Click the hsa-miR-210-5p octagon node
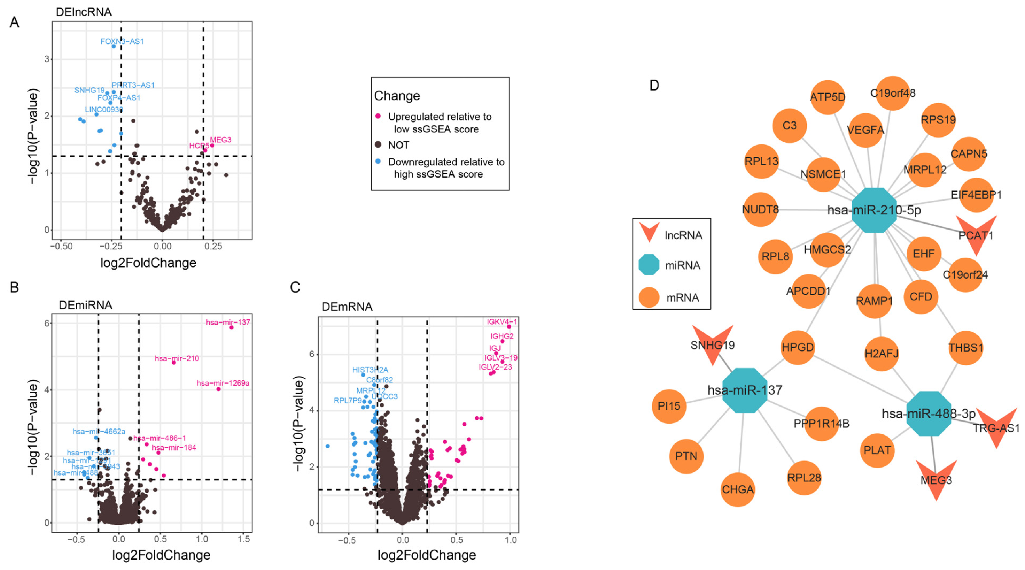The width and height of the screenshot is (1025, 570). click(x=874, y=210)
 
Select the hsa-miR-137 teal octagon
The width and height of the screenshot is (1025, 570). click(x=744, y=390)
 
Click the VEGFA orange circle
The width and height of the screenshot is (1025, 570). click(x=865, y=130)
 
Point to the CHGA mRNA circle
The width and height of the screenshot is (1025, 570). click(x=738, y=489)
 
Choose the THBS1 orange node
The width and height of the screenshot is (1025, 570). click(x=965, y=348)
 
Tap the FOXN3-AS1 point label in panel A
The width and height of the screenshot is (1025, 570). click(x=122, y=41)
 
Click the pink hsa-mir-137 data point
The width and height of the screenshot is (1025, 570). click(x=231, y=327)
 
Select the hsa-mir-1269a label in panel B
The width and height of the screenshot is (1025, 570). click(x=223, y=383)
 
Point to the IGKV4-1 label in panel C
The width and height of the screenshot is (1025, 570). click(x=502, y=321)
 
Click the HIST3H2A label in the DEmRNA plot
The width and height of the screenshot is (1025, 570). click(x=370, y=370)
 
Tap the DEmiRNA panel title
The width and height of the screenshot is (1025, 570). click(x=85, y=305)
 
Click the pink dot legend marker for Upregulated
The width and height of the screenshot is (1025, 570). click(x=378, y=116)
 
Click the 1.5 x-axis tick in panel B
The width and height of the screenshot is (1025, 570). click(x=244, y=539)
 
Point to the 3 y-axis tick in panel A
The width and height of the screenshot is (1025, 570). click(x=47, y=59)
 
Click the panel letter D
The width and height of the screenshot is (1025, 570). click(x=654, y=85)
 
